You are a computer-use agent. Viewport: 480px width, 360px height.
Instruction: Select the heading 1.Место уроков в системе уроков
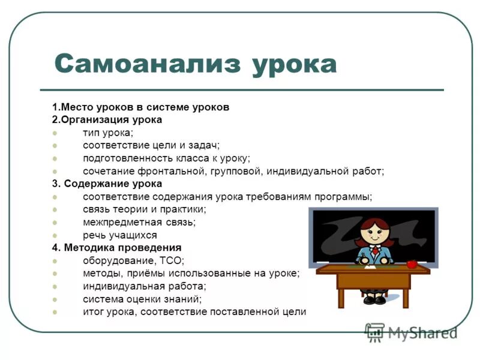point(140,107)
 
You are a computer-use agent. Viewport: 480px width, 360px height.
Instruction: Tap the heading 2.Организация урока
point(107,119)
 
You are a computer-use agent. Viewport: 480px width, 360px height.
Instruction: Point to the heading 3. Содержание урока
point(107,184)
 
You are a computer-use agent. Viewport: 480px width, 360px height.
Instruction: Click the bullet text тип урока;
point(108,133)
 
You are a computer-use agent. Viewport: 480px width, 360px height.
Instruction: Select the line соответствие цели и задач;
point(151,145)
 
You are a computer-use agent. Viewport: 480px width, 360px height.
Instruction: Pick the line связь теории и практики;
point(144,209)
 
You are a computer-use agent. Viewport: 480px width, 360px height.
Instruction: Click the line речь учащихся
point(120,235)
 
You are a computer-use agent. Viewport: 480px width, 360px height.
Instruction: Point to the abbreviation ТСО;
point(172,260)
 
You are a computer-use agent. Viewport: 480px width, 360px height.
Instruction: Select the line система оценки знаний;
point(142,299)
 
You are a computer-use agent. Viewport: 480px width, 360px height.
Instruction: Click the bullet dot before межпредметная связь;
point(55,222)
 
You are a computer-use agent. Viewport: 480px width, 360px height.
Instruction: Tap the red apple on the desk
point(412,263)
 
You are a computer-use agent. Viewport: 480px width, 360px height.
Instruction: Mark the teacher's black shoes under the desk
point(374,298)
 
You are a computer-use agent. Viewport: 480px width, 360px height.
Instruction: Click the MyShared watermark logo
point(410,332)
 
